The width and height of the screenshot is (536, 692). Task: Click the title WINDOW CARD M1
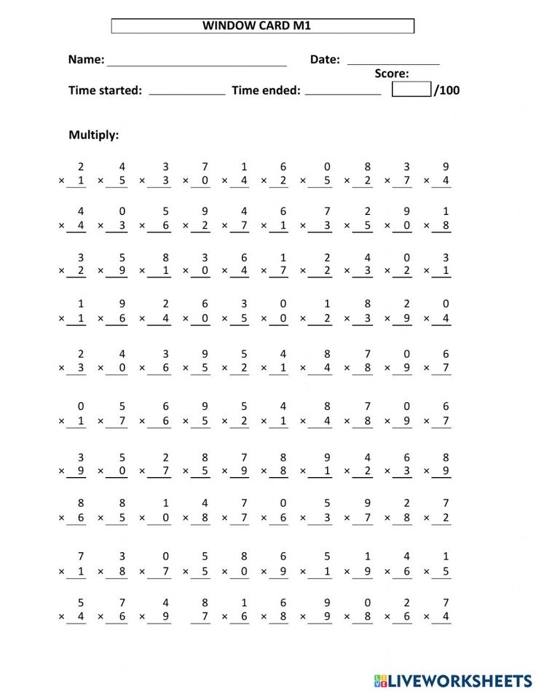262,26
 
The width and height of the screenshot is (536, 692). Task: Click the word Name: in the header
86,60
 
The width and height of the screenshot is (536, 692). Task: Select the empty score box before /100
411,90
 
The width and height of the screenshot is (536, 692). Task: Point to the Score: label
392,74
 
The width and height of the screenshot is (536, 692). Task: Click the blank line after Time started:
187,93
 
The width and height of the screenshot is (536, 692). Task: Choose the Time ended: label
266,90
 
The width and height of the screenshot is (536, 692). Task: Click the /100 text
447,90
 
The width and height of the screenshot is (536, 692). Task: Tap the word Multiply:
93,135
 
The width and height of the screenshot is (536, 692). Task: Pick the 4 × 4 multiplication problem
76,219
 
